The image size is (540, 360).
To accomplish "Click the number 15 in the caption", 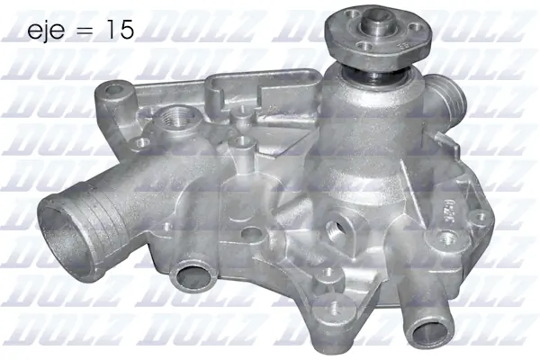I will (x=120, y=31).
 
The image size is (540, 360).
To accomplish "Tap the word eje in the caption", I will (x=46, y=31).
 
